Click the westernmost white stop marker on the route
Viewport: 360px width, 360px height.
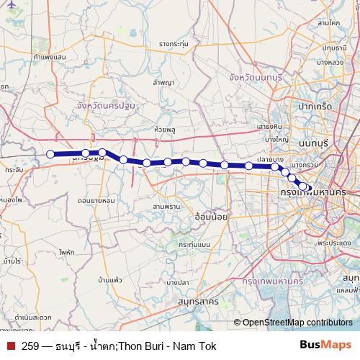pos(50,153)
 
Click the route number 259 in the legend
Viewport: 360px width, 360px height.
pos(30,345)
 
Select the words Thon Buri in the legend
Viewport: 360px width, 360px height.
pos(143,345)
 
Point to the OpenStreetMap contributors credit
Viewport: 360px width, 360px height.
pos(297,323)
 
